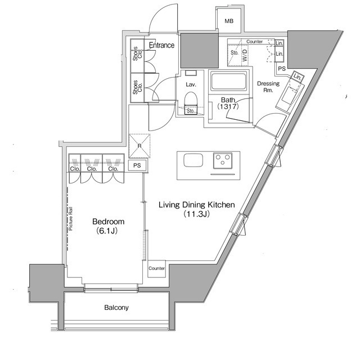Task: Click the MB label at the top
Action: [229, 21]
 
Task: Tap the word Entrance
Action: [161, 45]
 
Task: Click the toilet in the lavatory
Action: [190, 100]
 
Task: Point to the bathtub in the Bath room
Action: [228, 83]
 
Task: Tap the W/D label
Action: [245, 55]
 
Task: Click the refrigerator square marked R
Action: [139, 146]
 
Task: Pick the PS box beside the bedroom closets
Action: [137, 166]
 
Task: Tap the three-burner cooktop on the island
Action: [224, 160]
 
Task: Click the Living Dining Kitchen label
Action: [196, 205]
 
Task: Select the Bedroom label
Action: [109, 222]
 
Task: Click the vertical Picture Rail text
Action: [71, 219]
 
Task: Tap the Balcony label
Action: [116, 308]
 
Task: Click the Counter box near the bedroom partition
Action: [157, 268]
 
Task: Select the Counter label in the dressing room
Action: [255, 42]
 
